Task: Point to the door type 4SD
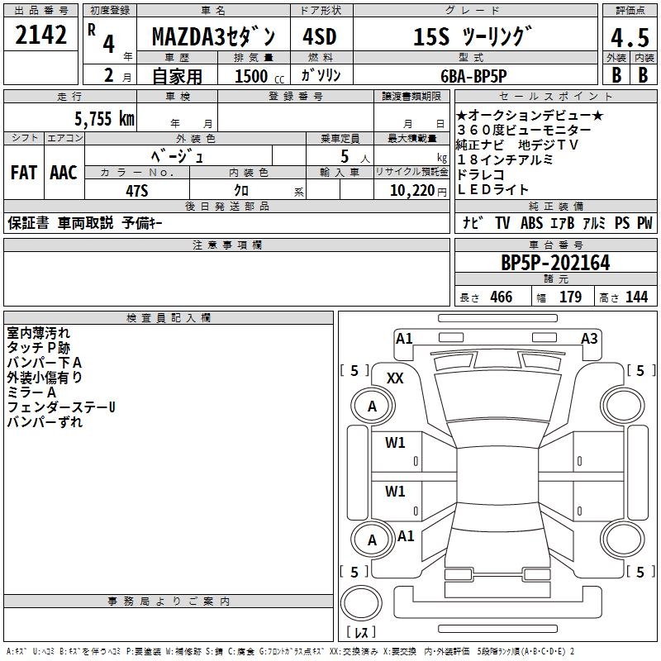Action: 321,37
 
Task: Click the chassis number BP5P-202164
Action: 555,263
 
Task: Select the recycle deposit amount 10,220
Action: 408,190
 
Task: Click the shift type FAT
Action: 24,173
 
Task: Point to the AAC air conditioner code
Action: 64,173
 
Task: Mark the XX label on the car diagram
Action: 395,378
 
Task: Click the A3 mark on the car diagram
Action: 589,338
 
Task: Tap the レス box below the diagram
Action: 361,633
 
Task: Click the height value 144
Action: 636,297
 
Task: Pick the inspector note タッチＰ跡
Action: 39,348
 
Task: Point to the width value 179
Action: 571,297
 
